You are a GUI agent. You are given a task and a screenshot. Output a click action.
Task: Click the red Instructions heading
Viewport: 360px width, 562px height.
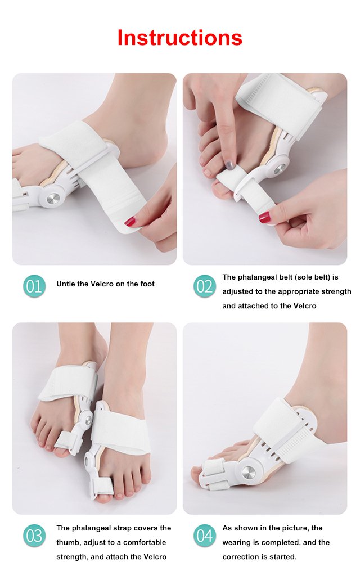(180, 38)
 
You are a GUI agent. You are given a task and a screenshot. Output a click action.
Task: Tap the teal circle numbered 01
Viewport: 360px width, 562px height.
(34, 286)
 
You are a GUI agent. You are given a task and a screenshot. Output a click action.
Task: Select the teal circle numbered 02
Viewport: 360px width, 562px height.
(205, 286)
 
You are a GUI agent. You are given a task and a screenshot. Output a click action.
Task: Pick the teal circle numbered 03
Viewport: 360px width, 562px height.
(34, 536)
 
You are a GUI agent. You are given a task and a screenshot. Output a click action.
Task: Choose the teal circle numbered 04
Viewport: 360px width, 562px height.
(205, 536)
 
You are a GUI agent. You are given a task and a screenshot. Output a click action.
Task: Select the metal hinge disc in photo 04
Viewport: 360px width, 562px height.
(249, 473)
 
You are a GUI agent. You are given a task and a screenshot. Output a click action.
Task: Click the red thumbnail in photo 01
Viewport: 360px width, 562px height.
(130, 222)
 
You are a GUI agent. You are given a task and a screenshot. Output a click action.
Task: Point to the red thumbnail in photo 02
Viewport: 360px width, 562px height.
(264, 217)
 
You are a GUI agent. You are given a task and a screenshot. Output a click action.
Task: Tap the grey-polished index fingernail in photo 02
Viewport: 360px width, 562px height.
(230, 165)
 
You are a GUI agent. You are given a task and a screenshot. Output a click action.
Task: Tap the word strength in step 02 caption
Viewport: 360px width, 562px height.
(332, 292)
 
